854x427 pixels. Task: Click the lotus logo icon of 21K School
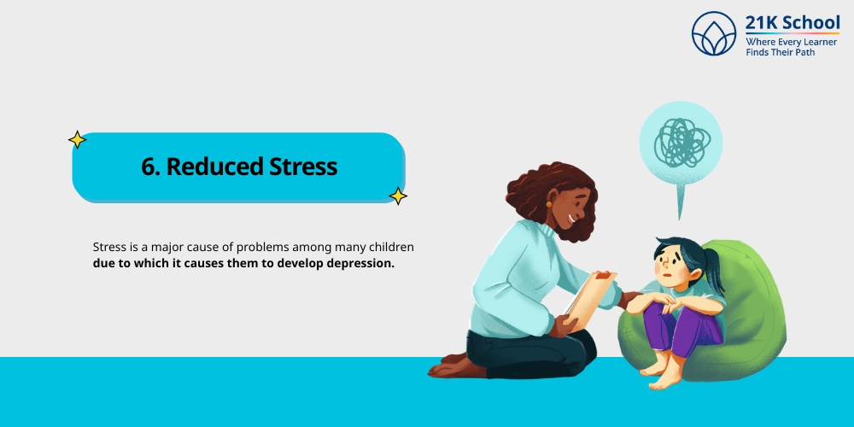714,33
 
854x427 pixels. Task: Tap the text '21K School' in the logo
792,23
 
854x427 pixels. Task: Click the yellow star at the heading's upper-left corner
77,139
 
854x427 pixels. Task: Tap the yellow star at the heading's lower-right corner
398,196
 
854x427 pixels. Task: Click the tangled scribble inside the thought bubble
681,142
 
